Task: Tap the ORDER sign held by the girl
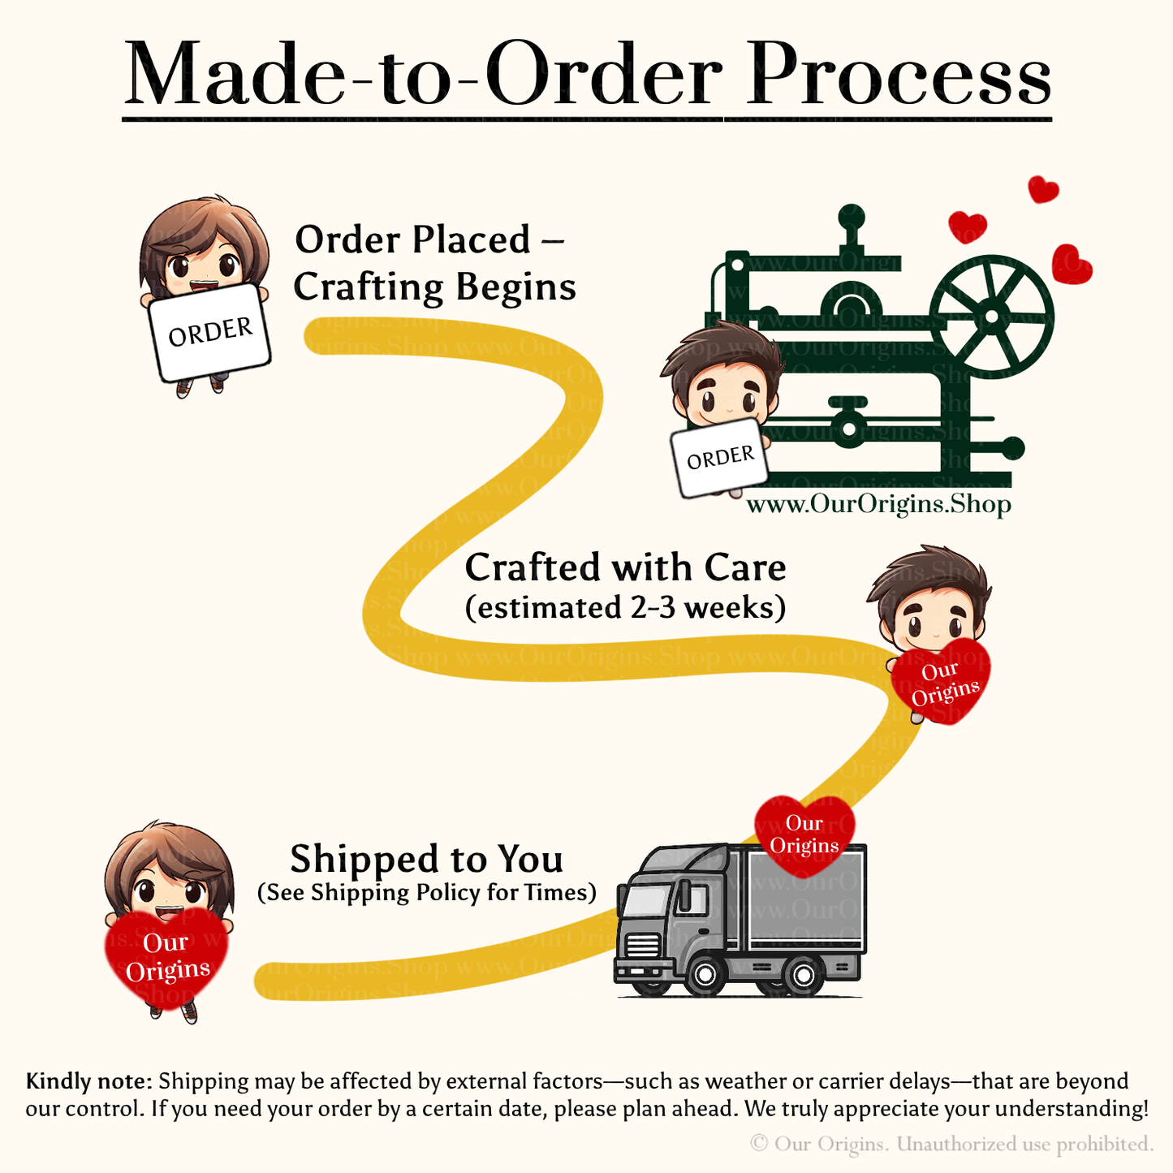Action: [210, 332]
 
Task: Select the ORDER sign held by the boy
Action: [720, 458]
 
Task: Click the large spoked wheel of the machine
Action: [991, 315]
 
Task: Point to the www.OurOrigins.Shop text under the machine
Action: [878, 505]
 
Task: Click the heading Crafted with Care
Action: [625, 567]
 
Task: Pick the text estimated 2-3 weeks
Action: [625, 607]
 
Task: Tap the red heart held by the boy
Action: [942, 680]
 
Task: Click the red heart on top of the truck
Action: [804, 834]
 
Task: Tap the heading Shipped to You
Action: [426, 859]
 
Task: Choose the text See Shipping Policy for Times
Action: [426, 893]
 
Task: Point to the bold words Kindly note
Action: [88, 1082]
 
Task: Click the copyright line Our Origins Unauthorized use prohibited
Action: [951, 1145]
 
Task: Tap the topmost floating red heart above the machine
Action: [1043, 190]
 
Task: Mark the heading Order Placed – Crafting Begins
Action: [434, 263]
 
